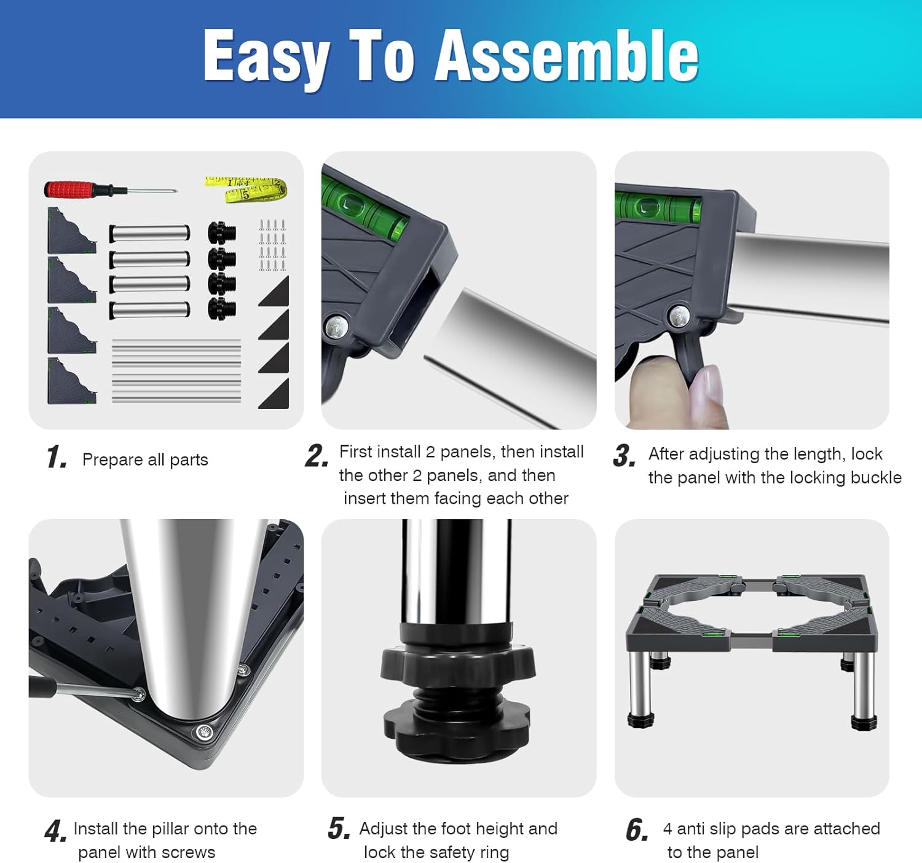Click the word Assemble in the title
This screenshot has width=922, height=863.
pos(566,57)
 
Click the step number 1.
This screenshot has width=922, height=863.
pos(57,457)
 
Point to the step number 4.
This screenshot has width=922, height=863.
pos(56,831)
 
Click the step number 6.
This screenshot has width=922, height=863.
pos(636,830)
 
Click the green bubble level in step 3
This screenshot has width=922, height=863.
pos(658,208)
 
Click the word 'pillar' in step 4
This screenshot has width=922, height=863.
pos(170,829)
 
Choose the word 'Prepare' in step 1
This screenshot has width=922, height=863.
pos(112,460)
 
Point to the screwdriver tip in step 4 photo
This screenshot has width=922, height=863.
pos(138,695)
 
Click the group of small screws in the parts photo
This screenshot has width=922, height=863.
pos(272,245)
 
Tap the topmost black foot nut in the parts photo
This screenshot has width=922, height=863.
pos(222,233)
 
